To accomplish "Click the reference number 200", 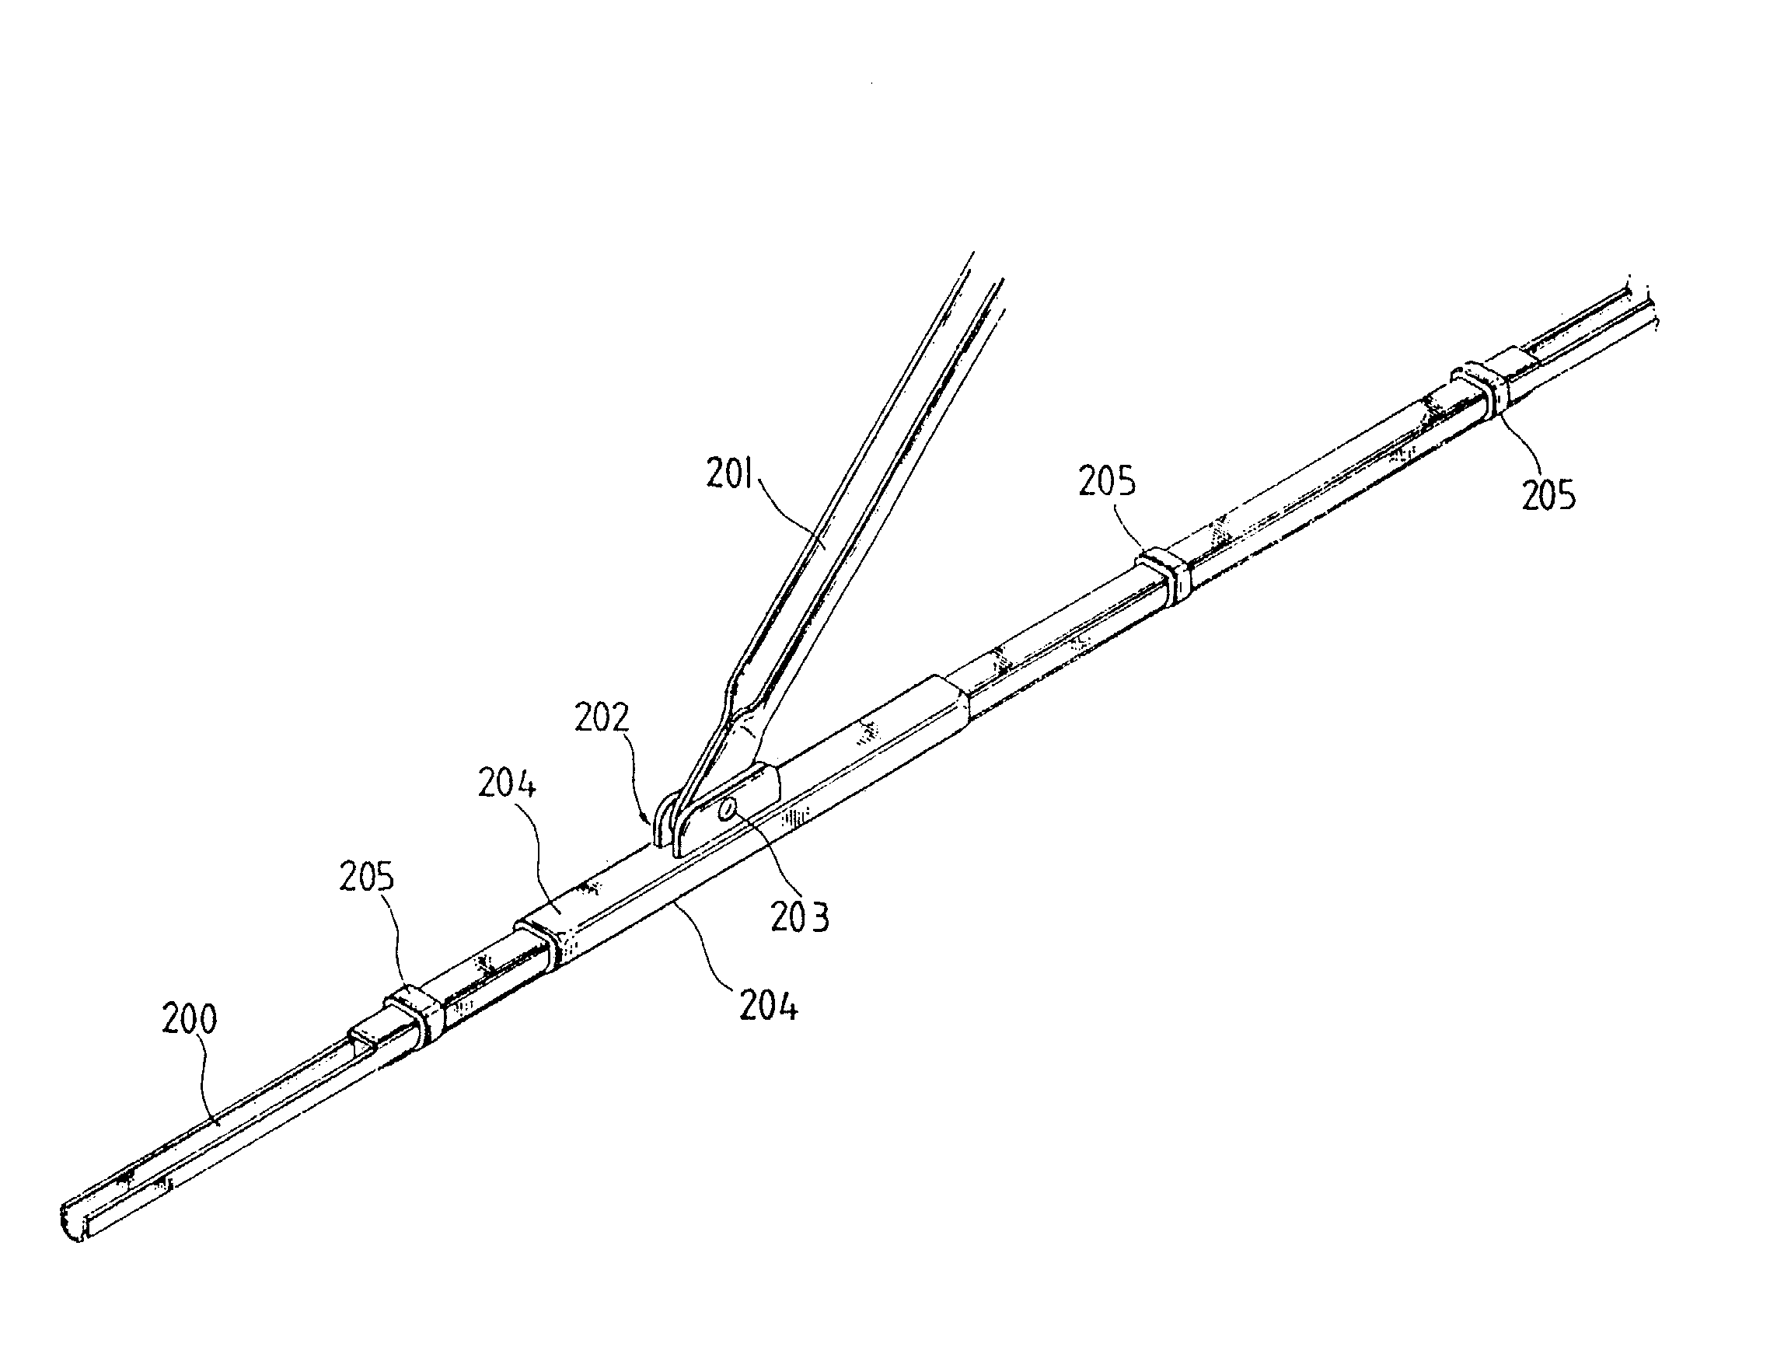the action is tap(190, 1020).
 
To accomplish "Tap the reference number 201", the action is tap(731, 475).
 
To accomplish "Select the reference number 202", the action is tap(602, 717).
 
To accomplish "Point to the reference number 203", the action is tap(801, 917).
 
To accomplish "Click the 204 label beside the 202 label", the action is tap(507, 783).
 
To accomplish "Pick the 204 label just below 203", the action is tap(769, 1006).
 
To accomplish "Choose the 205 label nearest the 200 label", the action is tap(366, 877).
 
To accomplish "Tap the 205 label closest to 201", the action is tap(1107, 481).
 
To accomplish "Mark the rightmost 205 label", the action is tap(1549, 495).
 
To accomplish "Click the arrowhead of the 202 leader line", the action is tap(650, 819).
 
